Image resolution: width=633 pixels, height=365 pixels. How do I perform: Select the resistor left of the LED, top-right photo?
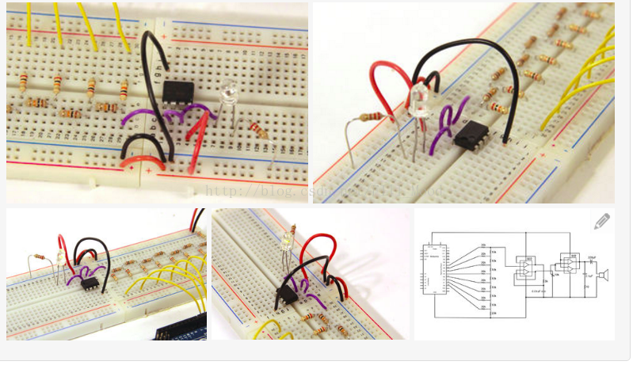[x=371, y=118]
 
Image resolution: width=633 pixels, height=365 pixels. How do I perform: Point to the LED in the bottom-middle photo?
[x=288, y=238]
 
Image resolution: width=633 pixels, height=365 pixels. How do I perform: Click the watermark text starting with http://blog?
[x=261, y=191]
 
